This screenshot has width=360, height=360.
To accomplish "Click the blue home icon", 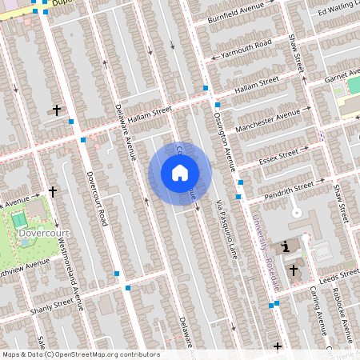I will [x=180, y=173].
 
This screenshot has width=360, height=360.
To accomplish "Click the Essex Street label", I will [x=278, y=154].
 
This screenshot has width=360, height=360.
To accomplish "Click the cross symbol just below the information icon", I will [x=293, y=270].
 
